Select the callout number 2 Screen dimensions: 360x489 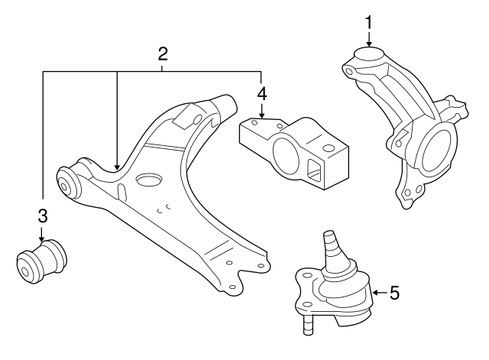(x=162, y=54)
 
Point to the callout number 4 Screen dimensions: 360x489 (x=262, y=95)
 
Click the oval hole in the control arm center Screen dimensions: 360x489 (x=147, y=180)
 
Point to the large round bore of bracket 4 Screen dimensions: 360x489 (x=289, y=160)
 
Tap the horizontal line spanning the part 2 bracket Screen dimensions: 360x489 (x=153, y=71)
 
